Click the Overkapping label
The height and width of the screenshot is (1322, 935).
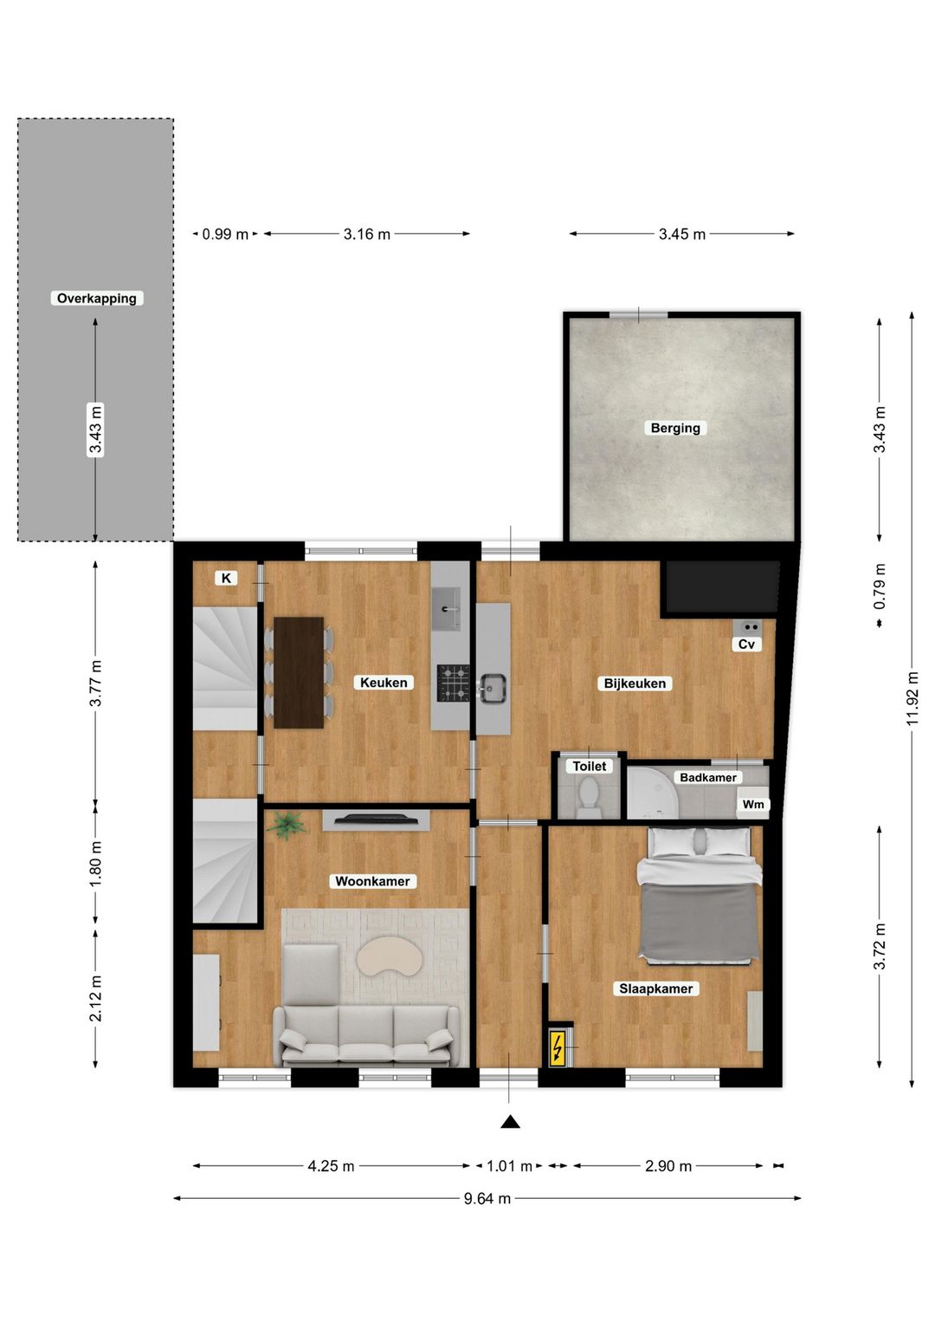pos(96,298)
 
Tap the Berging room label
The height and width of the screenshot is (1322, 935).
pos(675,428)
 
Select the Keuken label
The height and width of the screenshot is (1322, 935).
pos(384,683)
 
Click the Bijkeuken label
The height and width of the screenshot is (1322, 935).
pos(635,684)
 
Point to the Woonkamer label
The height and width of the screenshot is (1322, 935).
pos(372,881)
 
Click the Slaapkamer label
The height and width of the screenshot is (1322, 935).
pos(655,988)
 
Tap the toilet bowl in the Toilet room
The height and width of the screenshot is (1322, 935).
pos(589,794)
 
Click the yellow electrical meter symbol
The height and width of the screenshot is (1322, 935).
pos(558,1048)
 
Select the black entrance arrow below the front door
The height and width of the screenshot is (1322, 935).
pos(510,1122)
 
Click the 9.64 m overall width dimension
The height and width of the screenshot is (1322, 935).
pos(487,1199)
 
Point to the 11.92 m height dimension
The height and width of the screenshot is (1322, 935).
pos(912,700)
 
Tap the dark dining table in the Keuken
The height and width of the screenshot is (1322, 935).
pos(299,672)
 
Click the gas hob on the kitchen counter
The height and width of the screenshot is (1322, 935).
pos(452,682)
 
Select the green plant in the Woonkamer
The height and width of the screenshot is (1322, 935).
pos(286,825)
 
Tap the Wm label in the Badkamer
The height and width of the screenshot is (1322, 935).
pos(753,805)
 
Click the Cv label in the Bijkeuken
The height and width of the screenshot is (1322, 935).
pos(746,644)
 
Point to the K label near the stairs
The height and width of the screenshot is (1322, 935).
pos(226,578)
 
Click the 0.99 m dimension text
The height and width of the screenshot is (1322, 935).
pos(225,234)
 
